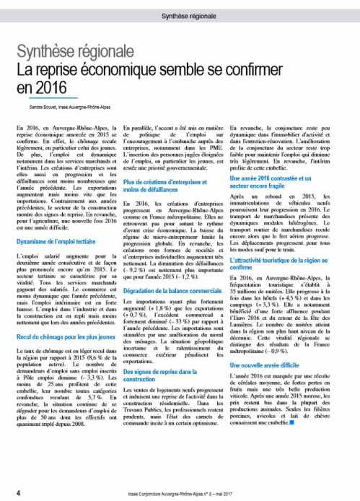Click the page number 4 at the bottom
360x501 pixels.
coord(17,492)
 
